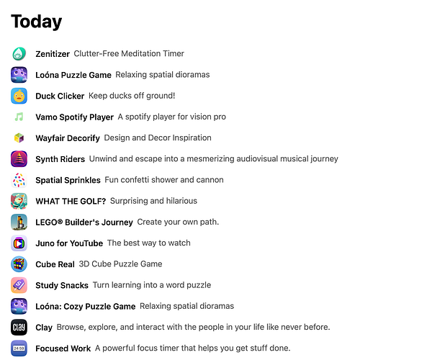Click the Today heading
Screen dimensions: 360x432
(x=37, y=22)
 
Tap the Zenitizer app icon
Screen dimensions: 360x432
(x=19, y=53)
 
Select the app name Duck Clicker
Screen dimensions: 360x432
(x=60, y=96)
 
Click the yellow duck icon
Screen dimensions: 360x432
(x=19, y=96)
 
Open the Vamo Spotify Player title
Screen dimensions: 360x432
(x=74, y=117)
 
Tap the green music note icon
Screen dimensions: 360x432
(x=19, y=117)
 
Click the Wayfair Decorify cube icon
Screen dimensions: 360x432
(x=19, y=138)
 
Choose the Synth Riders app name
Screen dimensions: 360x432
(x=60, y=159)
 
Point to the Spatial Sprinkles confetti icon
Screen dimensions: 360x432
(x=19, y=180)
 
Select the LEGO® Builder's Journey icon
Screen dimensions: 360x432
(x=19, y=222)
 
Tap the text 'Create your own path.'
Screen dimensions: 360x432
(x=177, y=222)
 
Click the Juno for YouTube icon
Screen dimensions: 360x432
(x=19, y=243)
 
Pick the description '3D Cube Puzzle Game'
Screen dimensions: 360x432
(x=121, y=264)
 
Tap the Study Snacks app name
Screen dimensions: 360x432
(x=61, y=285)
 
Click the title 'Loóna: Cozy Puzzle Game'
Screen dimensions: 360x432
(x=85, y=306)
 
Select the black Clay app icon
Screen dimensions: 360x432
(x=19, y=328)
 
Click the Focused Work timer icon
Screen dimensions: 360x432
(x=19, y=348)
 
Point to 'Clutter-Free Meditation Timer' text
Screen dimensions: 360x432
(x=129, y=53)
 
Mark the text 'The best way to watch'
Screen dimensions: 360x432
(x=149, y=243)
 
